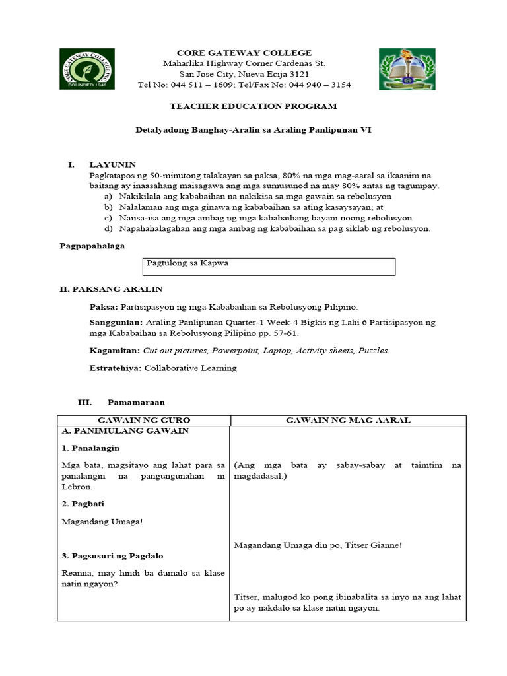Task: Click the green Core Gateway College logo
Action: pyautogui.click(x=86, y=69)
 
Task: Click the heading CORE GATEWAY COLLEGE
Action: pyautogui.click(x=244, y=53)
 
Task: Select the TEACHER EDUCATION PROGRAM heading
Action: pyautogui.click(x=253, y=106)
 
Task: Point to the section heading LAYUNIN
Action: pyautogui.click(x=113, y=165)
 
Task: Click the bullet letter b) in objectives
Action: pyautogui.click(x=108, y=207)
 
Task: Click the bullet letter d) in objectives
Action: pyautogui.click(x=108, y=228)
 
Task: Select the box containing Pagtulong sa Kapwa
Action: pyautogui.click(x=269, y=266)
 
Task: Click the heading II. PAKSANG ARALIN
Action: pyautogui.click(x=111, y=289)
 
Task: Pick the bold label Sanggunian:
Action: pyautogui.click(x=116, y=322)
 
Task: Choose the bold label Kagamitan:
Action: pyautogui.click(x=114, y=350)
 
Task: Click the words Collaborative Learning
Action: pyautogui.click(x=190, y=368)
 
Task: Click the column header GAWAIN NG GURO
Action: pyautogui.click(x=143, y=420)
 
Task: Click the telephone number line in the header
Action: pyautogui.click(x=244, y=84)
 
